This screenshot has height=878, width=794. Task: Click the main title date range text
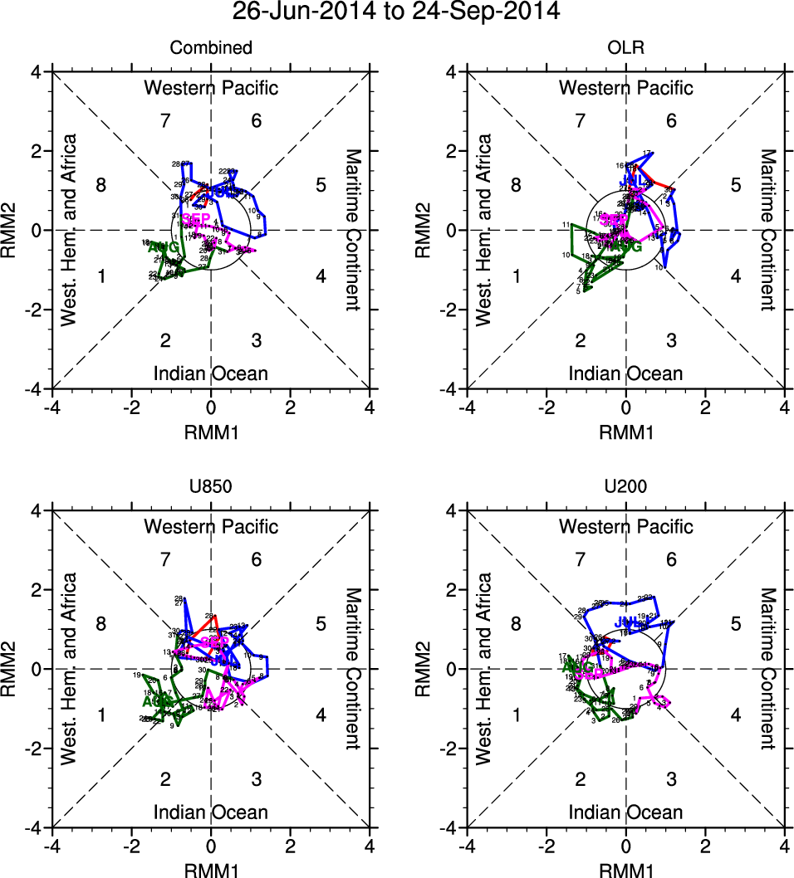pos(396,12)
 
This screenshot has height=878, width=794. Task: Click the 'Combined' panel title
pos(211,48)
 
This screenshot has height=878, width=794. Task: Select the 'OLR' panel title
pos(625,48)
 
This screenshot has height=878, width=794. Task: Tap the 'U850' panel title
pos(211,487)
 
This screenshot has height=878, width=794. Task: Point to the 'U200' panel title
pos(625,487)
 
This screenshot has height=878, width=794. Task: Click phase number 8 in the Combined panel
pos(101,185)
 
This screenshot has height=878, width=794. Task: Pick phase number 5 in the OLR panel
pos(735,185)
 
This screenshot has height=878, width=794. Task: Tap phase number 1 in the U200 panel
pos(516,715)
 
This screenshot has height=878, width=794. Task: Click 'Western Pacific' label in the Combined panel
pos(211,88)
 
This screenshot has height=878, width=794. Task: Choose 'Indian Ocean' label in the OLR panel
pos(625,373)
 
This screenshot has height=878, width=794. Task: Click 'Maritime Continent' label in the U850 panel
pos(353,669)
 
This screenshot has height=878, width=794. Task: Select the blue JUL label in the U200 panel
pos(628,622)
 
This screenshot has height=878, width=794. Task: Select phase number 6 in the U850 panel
pos(257,559)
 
